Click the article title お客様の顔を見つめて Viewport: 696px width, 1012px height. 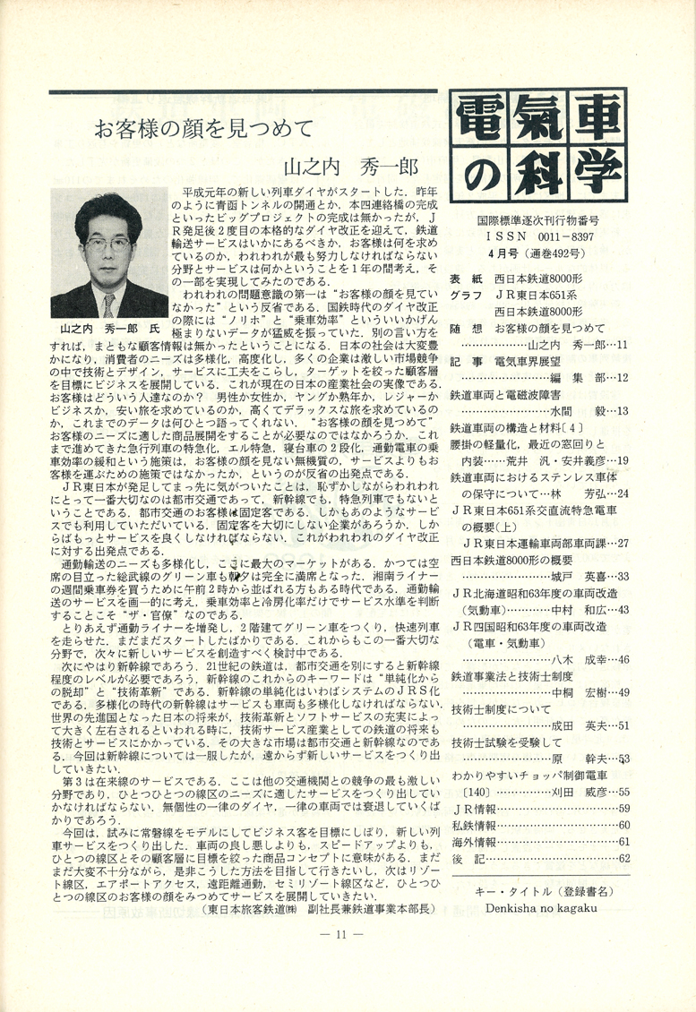[x=204, y=127]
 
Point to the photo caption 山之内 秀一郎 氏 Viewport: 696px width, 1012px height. [x=107, y=327]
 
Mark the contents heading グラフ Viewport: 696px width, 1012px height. [x=467, y=295]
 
